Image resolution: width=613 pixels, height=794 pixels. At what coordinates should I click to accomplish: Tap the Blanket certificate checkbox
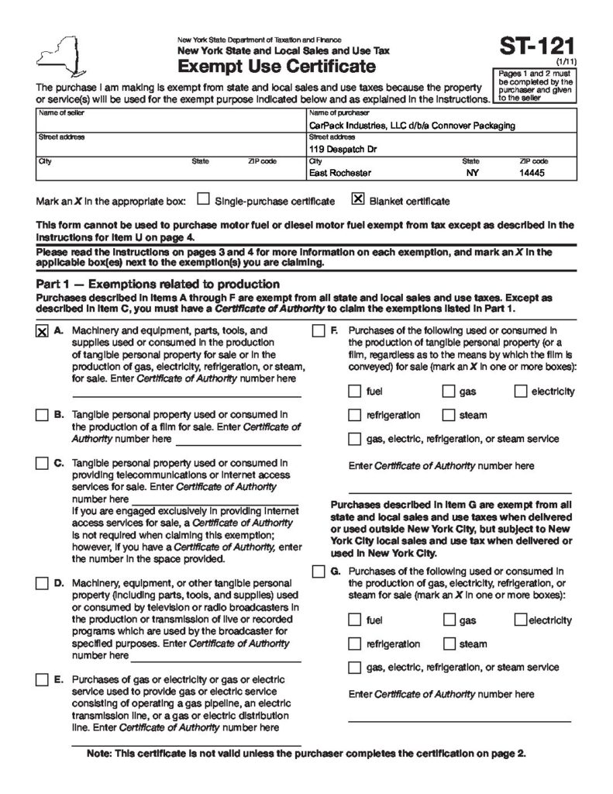[x=358, y=200]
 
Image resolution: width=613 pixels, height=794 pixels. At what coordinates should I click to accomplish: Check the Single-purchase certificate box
[x=203, y=200]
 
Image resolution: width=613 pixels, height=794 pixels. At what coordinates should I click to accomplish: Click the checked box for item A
[x=42, y=331]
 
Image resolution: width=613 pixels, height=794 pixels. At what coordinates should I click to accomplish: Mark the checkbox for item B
[x=42, y=415]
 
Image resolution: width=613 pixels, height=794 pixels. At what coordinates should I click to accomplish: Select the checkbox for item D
[x=42, y=583]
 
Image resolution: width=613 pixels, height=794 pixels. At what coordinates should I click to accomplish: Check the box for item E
[x=42, y=680]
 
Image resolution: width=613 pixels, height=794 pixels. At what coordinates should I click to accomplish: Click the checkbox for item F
[x=319, y=331]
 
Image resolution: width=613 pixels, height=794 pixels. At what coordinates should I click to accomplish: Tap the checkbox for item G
[x=319, y=572]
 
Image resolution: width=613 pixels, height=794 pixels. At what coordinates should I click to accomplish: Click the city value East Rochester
[x=339, y=174]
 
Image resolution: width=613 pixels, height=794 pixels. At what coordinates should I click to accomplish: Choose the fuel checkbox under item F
[x=355, y=392]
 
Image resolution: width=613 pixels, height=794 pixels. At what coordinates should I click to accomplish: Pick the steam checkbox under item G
[x=449, y=644]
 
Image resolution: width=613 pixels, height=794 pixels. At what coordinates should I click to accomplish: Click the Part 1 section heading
[x=158, y=284]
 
